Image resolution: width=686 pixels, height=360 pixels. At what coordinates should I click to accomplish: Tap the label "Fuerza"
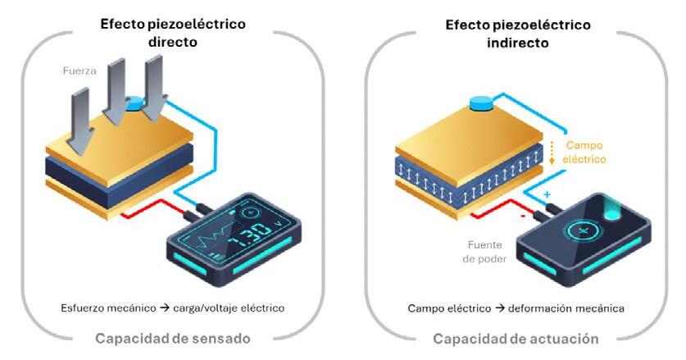80,71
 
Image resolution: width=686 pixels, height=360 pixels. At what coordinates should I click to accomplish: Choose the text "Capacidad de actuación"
516,338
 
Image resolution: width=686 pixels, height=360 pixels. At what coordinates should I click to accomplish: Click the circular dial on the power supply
584,232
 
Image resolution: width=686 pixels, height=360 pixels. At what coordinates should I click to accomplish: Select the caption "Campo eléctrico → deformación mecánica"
516,308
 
